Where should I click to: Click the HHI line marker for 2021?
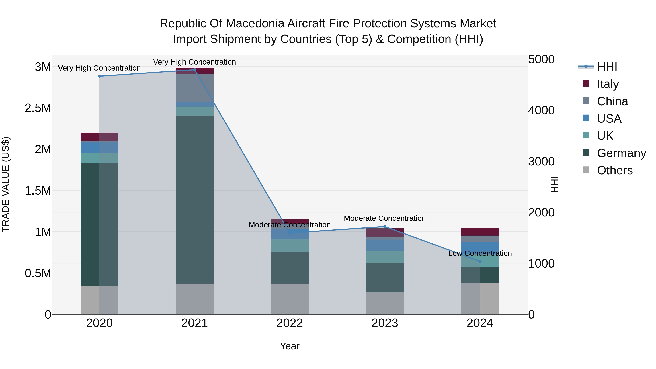(195, 70)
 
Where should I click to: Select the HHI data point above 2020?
(99, 76)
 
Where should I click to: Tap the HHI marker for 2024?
(480, 261)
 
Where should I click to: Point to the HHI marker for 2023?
(385, 226)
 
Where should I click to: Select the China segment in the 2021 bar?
(195, 88)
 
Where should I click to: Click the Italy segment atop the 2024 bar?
(480, 232)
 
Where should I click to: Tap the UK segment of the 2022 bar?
(290, 246)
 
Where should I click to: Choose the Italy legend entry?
(608, 84)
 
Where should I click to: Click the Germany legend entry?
(621, 153)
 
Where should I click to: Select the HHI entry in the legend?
(607, 67)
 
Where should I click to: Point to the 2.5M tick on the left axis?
(38, 108)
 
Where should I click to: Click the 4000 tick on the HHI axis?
(541, 110)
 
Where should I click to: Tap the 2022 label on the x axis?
(290, 323)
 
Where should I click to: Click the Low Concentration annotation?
(480, 253)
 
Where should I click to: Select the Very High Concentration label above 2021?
(195, 62)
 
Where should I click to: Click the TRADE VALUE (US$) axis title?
(6, 184)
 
